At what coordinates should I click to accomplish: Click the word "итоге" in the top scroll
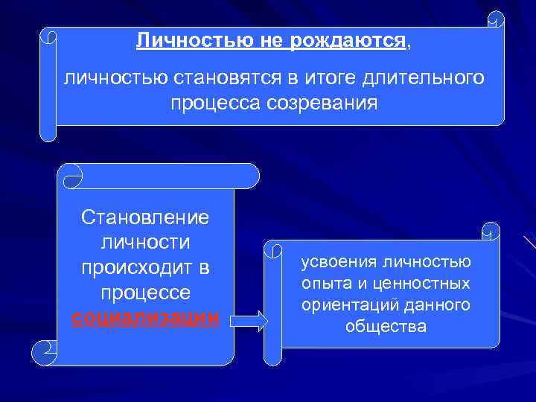point(329,77)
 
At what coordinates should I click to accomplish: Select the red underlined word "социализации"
point(145,317)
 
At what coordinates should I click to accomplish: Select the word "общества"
point(386,327)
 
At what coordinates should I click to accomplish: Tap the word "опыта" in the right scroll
point(322,284)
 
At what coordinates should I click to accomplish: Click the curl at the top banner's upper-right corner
point(496,20)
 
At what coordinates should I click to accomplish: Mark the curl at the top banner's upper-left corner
point(48,36)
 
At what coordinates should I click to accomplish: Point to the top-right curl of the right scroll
point(491,232)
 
